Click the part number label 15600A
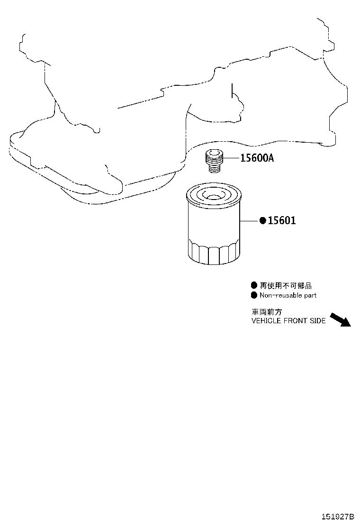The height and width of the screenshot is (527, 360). pos(257,158)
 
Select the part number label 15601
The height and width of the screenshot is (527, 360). pos(282,220)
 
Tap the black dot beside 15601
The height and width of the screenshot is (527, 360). pos(262,220)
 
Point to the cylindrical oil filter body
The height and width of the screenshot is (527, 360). pos(213,225)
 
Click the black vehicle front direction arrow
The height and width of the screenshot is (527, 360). pos(340,319)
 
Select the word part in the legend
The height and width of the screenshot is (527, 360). pos(310,295)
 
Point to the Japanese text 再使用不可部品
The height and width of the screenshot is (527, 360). pos(286,286)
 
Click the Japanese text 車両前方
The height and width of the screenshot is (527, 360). pos(267,312)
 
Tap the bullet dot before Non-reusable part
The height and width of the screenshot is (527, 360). pos(254,295)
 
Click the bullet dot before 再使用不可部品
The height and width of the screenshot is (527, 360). pos(254,285)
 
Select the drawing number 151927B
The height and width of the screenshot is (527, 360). pos(338,517)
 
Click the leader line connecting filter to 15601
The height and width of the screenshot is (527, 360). pos(250,221)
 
